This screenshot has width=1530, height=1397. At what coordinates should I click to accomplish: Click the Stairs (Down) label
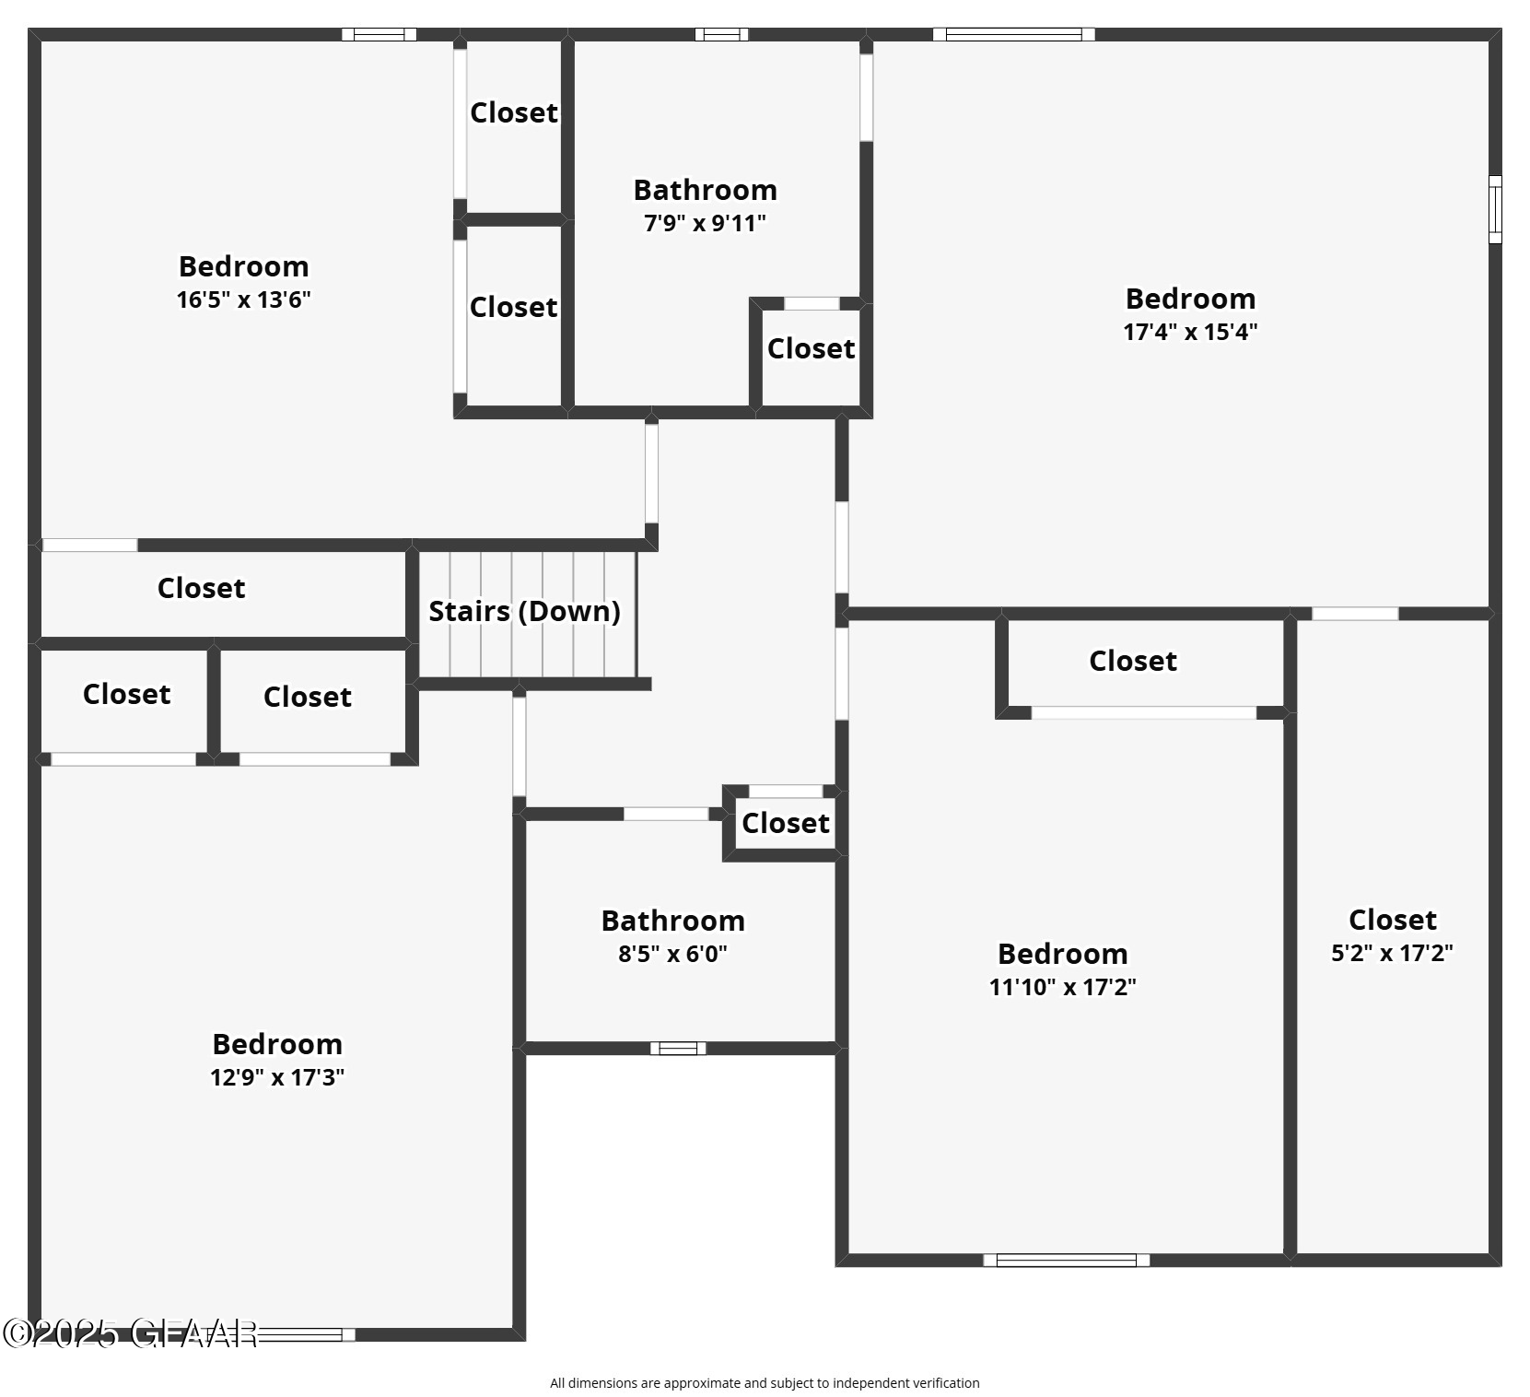point(524,611)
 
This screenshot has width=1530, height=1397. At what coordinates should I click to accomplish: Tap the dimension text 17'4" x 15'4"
point(1190,332)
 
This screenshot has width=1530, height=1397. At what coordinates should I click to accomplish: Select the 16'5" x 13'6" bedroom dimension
point(243,299)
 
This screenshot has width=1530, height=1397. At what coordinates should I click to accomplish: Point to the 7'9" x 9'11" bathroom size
point(705,223)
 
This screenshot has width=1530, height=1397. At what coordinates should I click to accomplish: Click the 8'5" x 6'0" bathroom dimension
point(672,954)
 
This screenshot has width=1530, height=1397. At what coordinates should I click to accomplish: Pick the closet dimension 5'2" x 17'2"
point(1392,953)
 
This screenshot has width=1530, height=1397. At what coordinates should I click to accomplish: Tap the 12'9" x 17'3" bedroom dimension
point(276,1077)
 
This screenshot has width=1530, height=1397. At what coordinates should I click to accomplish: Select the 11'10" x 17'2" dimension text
point(1062,987)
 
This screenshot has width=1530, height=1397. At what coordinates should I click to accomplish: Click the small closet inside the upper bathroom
point(811,349)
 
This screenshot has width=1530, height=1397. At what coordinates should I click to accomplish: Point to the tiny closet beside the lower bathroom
point(785,823)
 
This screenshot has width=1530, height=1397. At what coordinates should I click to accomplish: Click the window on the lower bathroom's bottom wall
point(678,1048)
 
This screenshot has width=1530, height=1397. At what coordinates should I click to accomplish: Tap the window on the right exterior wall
point(1495,209)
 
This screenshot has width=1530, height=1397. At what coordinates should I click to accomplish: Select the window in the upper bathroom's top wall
point(721,35)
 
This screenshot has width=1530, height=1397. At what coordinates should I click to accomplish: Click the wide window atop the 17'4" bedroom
point(1013,35)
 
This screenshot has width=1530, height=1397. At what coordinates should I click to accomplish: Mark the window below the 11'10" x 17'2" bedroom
point(1066,1260)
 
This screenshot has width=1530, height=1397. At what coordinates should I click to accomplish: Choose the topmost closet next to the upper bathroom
point(513,113)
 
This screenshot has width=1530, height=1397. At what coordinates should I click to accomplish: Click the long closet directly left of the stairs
point(201,589)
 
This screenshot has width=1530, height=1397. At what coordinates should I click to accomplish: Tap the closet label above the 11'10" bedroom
point(1132,662)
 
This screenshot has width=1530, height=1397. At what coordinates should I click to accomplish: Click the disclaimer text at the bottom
point(765,1382)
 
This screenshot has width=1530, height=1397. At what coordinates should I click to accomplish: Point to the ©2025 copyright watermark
point(129,1332)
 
